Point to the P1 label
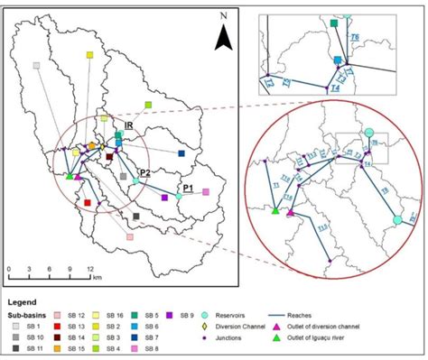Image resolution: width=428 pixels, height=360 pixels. [x=189, y=188]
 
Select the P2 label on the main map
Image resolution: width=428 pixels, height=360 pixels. [x=144, y=171]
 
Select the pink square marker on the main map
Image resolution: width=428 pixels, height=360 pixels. [x=205, y=191]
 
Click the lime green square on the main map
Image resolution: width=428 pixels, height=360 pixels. [x=148, y=106]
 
